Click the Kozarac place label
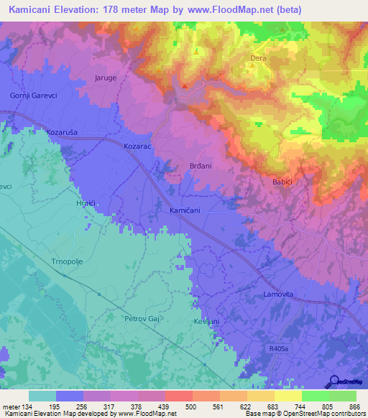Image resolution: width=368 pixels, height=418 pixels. (x=138, y=146)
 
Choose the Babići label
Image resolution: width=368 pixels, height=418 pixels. (x=282, y=182)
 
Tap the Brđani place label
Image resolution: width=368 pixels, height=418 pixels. (x=200, y=165)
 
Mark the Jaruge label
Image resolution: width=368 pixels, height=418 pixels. (x=106, y=77)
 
